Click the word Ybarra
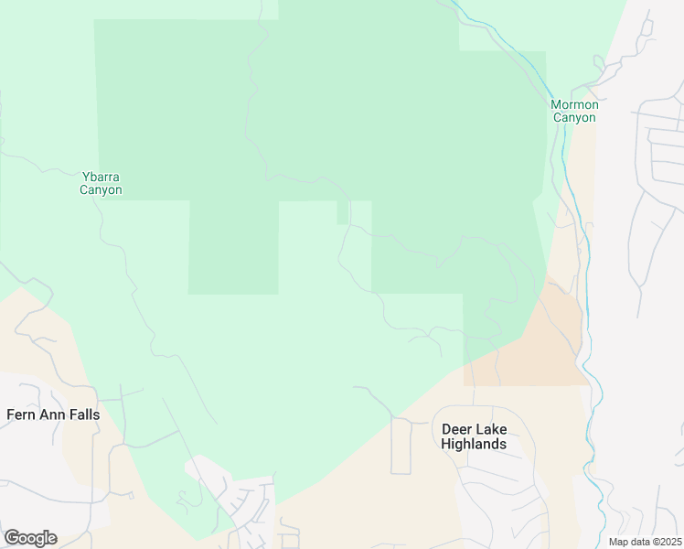point(101,177)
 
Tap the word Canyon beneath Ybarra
point(101,190)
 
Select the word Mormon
point(574,104)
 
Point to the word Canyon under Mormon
point(574,118)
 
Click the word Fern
point(22,414)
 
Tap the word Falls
point(84,414)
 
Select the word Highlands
point(474,444)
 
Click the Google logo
point(30,538)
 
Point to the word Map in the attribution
point(619,542)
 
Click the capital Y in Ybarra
point(85,177)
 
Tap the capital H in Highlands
point(445,444)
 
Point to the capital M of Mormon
point(555,104)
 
